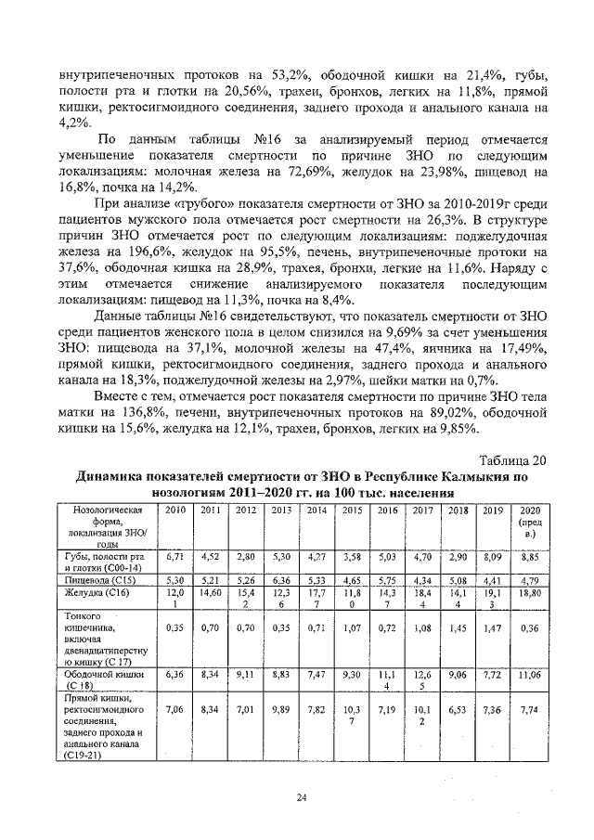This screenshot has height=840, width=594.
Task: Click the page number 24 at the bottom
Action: point(302,796)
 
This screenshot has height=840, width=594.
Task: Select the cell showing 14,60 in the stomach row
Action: point(211,592)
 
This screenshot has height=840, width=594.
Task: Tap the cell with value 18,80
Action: point(530,592)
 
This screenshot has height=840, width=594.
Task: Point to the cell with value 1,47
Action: point(493,628)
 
